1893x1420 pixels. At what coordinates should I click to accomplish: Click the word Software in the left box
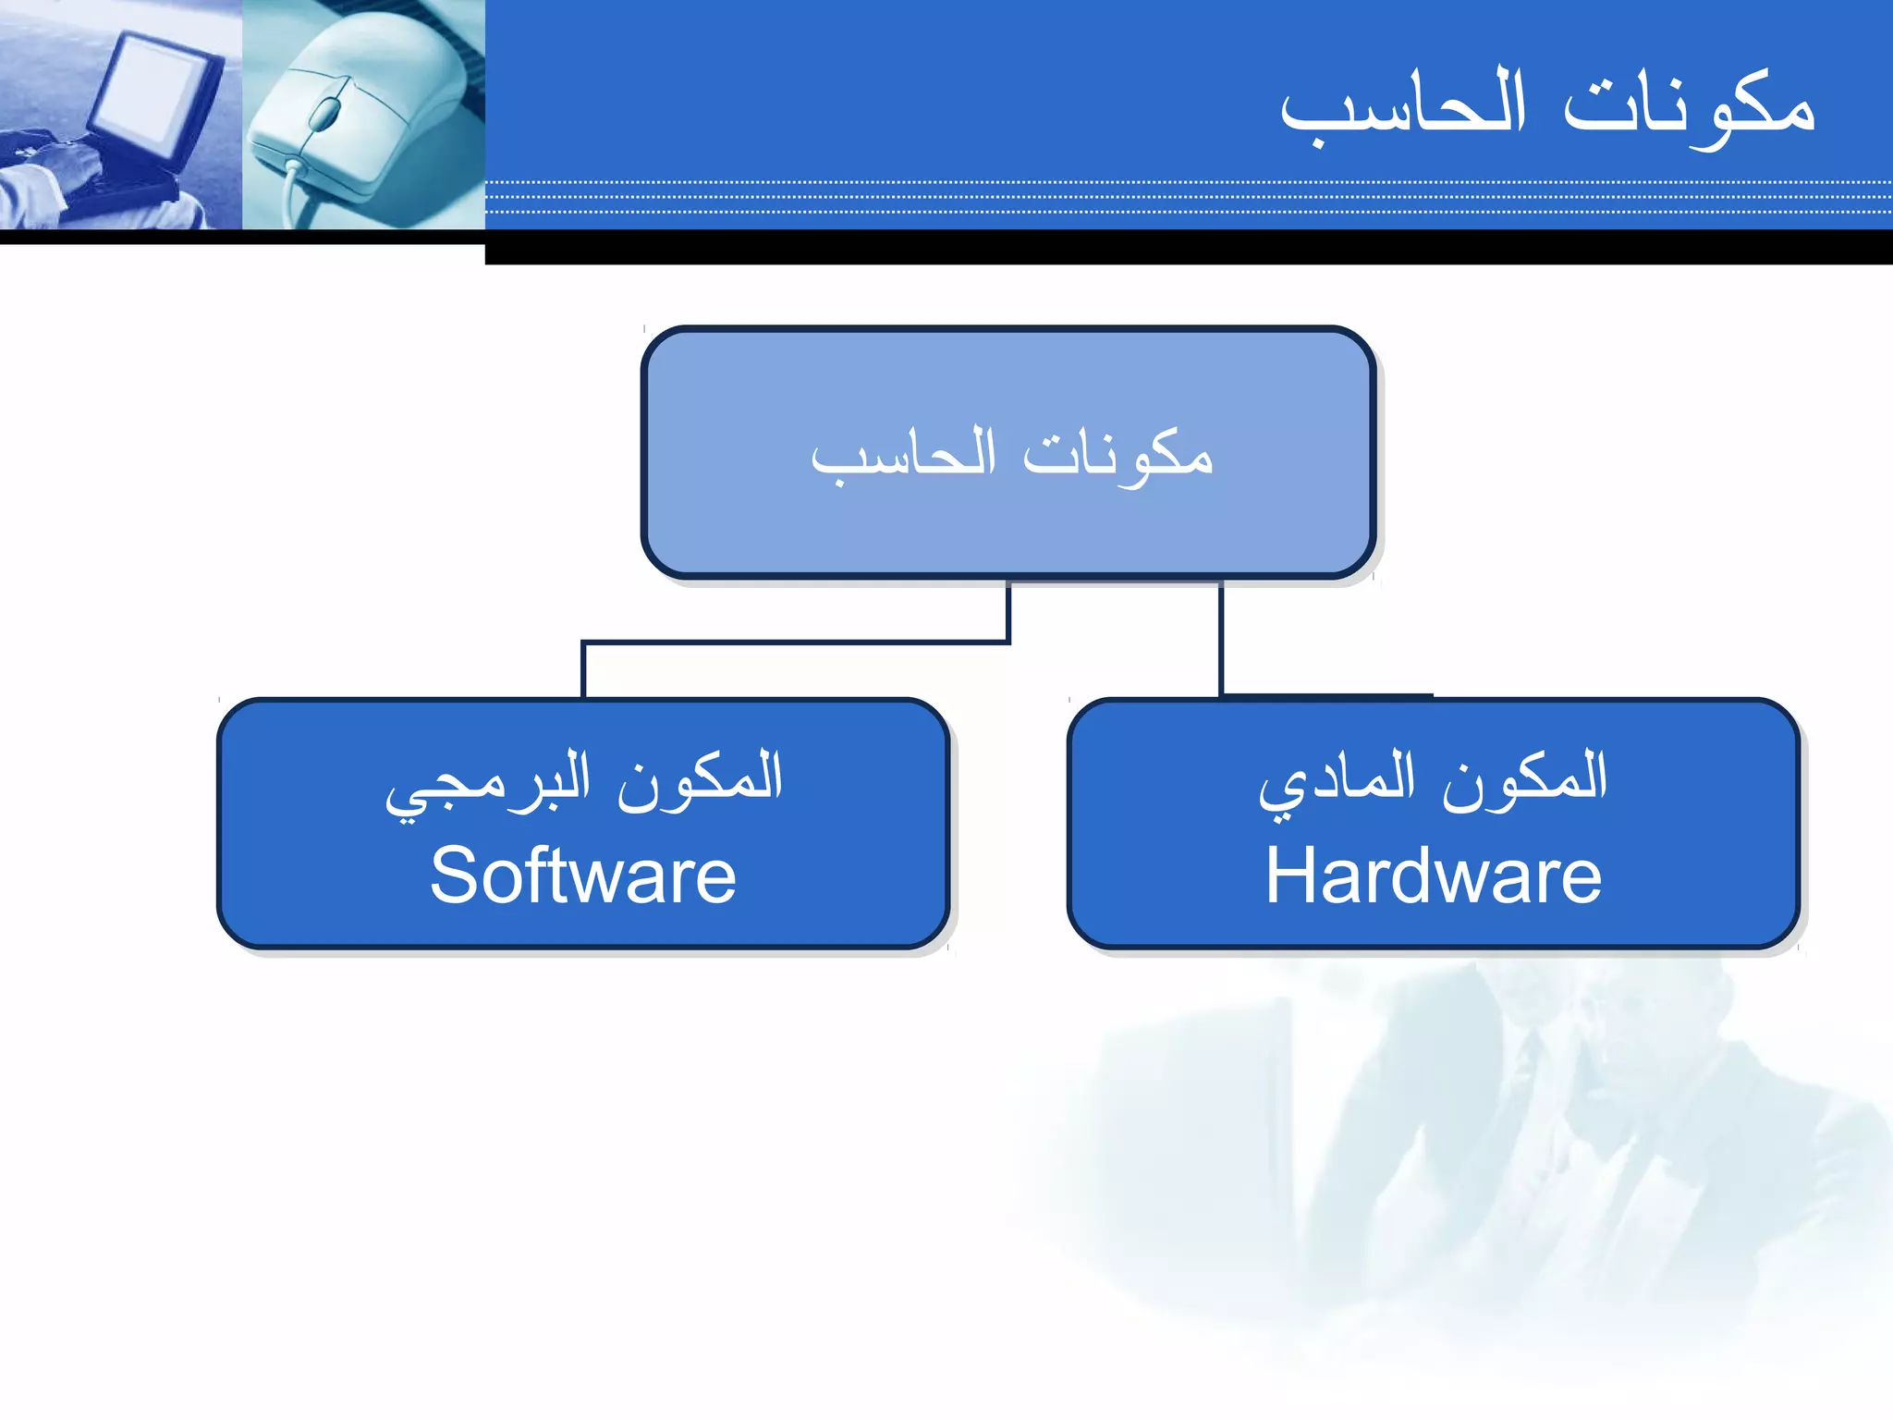point(583,876)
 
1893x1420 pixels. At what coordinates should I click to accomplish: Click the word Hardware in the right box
point(1433,876)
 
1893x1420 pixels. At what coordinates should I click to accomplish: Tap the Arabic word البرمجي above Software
point(487,781)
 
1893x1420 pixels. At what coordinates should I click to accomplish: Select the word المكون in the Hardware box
point(1525,777)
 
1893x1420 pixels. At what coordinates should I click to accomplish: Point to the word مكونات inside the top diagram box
point(1117,455)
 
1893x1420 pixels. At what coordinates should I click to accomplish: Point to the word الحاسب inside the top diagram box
point(903,455)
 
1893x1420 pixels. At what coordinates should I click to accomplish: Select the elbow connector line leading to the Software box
point(795,641)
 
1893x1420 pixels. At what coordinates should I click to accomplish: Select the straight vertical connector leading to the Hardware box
point(1221,638)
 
